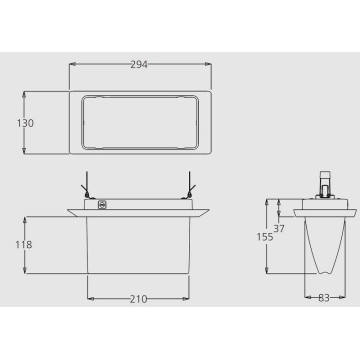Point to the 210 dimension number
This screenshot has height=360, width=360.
tap(139, 299)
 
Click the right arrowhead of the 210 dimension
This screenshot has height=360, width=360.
tap(188, 299)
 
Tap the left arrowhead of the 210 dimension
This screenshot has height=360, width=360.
tap(90, 299)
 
